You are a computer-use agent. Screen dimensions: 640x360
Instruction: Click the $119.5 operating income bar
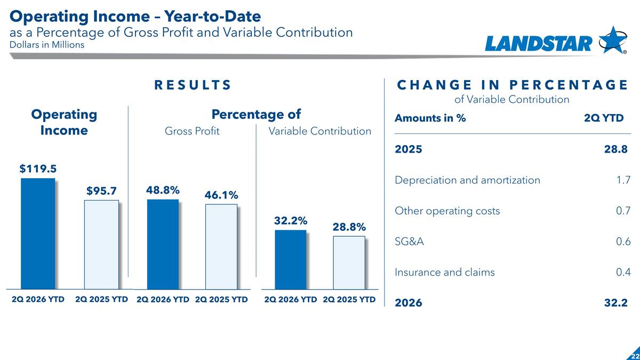click(x=38, y=234)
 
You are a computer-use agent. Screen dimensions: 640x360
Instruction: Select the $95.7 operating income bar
click(x=101, y=245)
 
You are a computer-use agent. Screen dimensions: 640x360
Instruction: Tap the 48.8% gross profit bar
click(x=163, y=244)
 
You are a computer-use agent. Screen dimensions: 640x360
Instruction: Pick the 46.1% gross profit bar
click(x=221, y=246)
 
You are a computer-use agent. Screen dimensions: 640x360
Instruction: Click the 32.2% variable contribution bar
click(x=291, y=260)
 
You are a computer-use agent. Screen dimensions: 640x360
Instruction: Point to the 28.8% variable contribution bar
click(x=349, y=262)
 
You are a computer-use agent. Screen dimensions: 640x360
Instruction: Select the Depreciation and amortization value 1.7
click(x=623, y=180)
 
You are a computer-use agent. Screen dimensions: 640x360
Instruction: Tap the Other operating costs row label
click(x=447, y=211)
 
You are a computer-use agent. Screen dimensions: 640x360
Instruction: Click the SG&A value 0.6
click(x=623, y=242)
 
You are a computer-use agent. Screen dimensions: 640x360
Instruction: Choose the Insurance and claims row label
click(x=445, y=272)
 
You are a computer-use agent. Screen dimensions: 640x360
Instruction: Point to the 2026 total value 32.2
click(x=615, y=302)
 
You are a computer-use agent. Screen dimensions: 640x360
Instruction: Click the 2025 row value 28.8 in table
click(x=615, y=149)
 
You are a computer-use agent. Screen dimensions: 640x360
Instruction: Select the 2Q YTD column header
click(x=604, y=118)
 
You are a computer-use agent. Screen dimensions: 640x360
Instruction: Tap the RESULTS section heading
click(x=193, y=85)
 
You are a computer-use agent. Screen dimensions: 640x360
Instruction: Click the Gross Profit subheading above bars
click(x=192, y=131)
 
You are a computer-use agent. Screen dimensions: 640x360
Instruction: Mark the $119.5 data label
click(x=38, y=169)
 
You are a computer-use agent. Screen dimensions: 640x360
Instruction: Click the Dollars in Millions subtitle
click(x=47, y=45)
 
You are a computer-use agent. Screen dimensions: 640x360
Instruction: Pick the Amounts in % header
click(x=430, y=118)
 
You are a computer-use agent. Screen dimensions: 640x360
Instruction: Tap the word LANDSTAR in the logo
click(x=539, y=44)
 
